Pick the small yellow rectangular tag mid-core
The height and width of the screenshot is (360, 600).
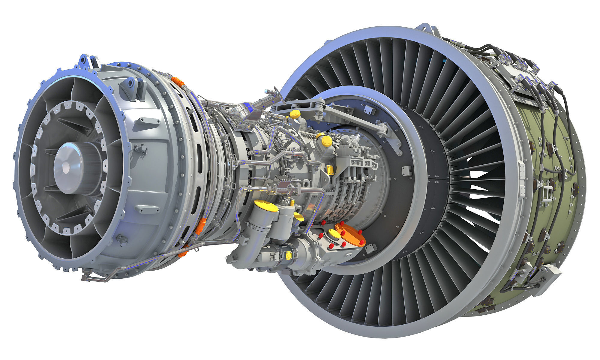pyautogui.click(x=331, y=169)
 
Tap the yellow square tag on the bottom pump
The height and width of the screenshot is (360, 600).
pyautogui.click(x=289, y=255)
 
